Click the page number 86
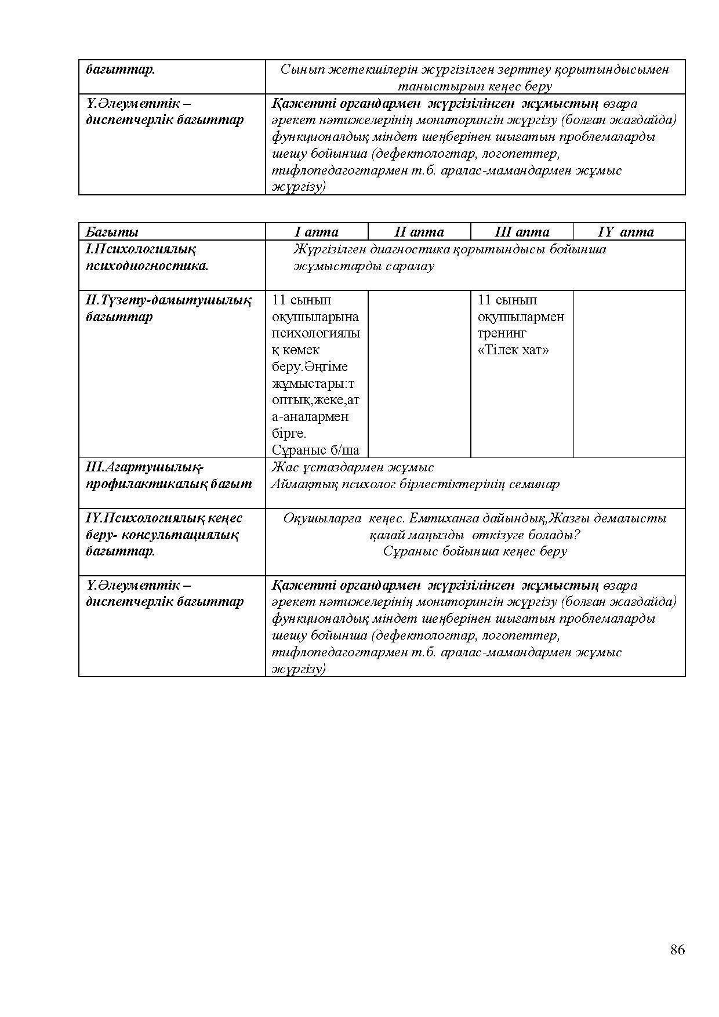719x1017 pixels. click(x=677, y=949)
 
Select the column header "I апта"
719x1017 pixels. click(x=317, y=232)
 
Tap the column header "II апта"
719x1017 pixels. click(x=419, y=232)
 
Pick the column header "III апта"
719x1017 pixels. click(x=522, y=232)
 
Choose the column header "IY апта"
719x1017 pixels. click(x=626, y=232)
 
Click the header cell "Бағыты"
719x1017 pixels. click(x=112, y=232)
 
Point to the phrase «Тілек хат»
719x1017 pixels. click(x=513, y=350)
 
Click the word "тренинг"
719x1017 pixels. click(x=502, y=333)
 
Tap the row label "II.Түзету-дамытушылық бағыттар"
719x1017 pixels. click(x=168, y=308)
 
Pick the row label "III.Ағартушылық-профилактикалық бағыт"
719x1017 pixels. click(x=169, y=475)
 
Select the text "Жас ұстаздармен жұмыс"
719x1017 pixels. click(x=353, y=467)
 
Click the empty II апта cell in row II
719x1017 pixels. click(x=419, y=374)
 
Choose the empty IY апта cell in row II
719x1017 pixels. click(x=629, y=374)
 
